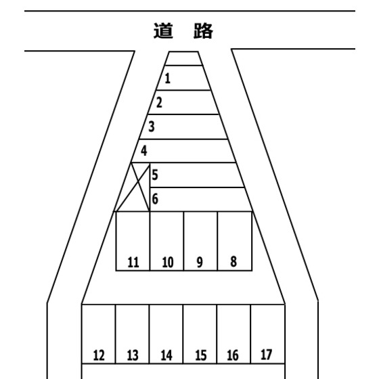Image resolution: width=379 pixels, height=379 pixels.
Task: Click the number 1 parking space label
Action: tap(168, 79)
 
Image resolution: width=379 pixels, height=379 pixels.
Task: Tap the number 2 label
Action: tap(159, 102)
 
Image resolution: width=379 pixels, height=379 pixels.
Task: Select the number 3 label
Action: tap(152, 127)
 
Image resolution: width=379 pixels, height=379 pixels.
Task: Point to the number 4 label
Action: tap(143, 150)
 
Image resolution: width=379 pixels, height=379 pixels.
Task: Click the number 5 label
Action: tap(155, 175)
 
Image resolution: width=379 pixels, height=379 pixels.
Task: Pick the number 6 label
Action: tap(155, 199)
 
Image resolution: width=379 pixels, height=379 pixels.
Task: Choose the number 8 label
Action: tap(233, 261)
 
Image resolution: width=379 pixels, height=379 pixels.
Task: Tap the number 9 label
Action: tap(200, 263)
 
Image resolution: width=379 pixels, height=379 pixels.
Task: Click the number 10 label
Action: tap(168, 263)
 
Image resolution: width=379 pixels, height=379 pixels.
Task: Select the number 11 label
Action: tap(133, 263)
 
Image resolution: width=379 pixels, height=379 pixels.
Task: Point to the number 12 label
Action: tap(99, 355)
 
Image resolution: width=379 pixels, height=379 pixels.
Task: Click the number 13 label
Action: tap(133, 355)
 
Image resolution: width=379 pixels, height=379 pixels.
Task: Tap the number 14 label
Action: tap(166, 355)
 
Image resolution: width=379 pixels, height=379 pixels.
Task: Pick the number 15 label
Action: tap(201, 355)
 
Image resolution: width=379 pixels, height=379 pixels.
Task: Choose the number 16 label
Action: tap(233, 355)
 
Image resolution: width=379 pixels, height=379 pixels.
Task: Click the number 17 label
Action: tap(267, 355)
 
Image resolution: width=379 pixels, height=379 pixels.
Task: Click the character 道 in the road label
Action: tap(163, 30)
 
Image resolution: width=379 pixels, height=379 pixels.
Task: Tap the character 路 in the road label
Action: tap(203, 30)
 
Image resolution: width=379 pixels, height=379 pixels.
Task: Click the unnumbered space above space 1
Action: tap(183, 58)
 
